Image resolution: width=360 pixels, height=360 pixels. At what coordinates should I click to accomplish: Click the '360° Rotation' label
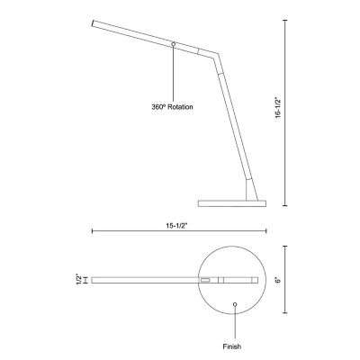[174, 105]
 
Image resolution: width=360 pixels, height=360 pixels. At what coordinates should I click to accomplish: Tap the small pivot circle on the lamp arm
[173, 42]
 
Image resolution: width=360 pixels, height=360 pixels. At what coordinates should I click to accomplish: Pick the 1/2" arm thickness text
[78, 281]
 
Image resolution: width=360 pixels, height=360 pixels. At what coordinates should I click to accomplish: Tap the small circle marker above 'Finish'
[235, 305]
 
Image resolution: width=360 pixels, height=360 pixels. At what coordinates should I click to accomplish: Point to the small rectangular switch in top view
[206, 281]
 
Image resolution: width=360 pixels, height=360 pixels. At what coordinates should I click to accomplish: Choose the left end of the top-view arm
[93, 281]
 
